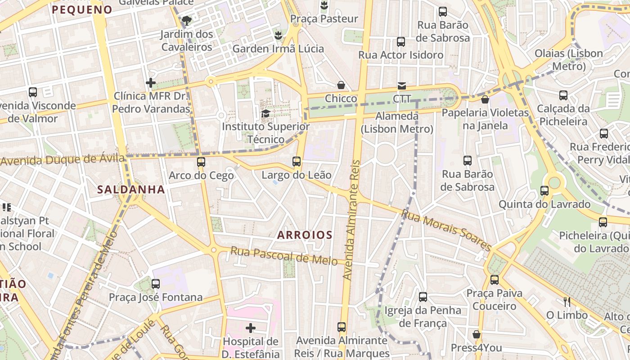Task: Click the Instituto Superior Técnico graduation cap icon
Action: coord(265,113)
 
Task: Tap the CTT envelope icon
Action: coord(401,85)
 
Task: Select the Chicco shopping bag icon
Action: coord(341,85)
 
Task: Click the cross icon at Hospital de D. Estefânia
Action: coord(251,328)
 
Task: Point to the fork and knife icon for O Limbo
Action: coord(567,301)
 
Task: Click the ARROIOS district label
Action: coord(305,235)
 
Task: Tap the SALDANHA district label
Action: coord(131,190)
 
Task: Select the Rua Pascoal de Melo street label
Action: coord(284,256)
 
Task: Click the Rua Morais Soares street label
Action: coord(446,229)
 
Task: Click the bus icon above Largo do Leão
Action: coord(296,161)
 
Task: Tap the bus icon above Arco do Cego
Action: coord(201,162)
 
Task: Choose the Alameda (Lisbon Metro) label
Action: coord(396,122)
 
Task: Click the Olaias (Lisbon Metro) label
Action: coord(568,59)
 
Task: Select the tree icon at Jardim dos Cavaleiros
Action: coord(186,20)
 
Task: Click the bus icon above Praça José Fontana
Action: coord(156,283)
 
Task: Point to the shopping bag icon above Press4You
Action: coord(477,334)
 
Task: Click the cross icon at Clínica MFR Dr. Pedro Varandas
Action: coord(151,83)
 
